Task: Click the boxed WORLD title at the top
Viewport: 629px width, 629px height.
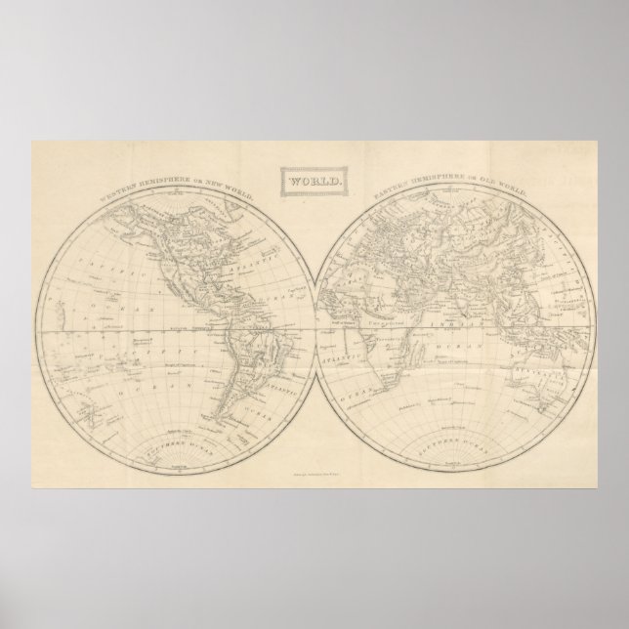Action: pyautogui.click(x=314, y=182)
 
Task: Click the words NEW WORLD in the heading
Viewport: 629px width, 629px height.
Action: pyautogui.click(x=231, y=190)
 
